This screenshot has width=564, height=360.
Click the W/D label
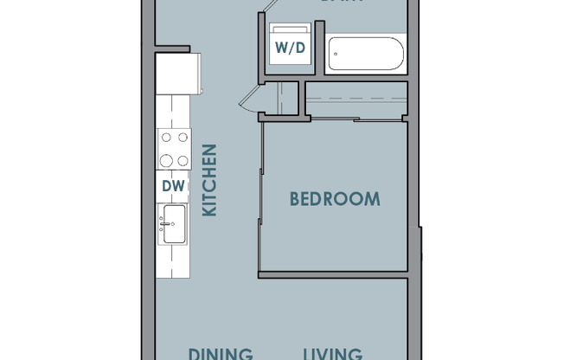[x=290, y=48]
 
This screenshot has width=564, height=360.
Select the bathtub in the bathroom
[x=367, y=54]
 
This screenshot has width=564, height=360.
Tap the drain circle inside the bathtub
[x=340, y=54]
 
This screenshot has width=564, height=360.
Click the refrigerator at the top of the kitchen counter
[x=178, y=73]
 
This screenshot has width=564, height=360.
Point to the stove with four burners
[x=174, y=149]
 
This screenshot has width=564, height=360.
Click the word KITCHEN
[x=209, y=180]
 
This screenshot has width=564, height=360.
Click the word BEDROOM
[x=334, y=199]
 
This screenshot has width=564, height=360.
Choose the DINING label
[x=221, y=354]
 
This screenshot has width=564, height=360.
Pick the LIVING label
[x=332, y=354]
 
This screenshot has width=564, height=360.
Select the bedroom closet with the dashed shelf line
[x=355, y=100]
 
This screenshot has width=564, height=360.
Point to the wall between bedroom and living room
[x=333, y=275]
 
